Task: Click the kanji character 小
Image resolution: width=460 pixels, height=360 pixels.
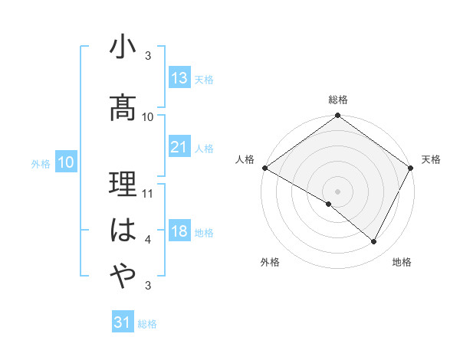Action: [123, 49]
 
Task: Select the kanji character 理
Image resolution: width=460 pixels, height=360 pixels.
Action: [123, 185]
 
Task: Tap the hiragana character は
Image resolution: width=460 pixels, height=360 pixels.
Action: [123, 231]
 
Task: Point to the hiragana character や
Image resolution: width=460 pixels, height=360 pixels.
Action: [123, 275]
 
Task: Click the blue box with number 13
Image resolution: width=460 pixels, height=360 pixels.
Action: [179, 78]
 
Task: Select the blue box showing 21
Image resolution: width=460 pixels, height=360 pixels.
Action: [179, 147]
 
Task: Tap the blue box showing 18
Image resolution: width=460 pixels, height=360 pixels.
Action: [179, 232]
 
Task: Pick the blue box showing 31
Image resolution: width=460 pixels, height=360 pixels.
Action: [123, 322]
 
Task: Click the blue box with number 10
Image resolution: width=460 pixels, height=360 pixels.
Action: [65, 162]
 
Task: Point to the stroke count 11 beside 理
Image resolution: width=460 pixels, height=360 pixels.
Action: [149, 194]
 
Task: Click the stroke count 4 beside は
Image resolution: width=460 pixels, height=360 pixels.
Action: [149, 241]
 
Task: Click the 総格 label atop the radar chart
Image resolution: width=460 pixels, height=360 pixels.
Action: [338, 100]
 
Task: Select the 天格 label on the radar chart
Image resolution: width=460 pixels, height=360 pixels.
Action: [431, 159]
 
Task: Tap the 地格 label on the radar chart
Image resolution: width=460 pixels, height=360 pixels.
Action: [402, 263]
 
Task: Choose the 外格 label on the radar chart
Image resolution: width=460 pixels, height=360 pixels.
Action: [270, 263]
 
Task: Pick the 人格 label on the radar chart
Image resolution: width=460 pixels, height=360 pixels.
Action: [245, 159]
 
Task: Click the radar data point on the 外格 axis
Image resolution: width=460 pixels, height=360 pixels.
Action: [329, 204]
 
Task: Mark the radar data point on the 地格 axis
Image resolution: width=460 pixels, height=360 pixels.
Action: [374, 242]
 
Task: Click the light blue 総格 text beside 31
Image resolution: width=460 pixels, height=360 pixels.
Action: [147, 324]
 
